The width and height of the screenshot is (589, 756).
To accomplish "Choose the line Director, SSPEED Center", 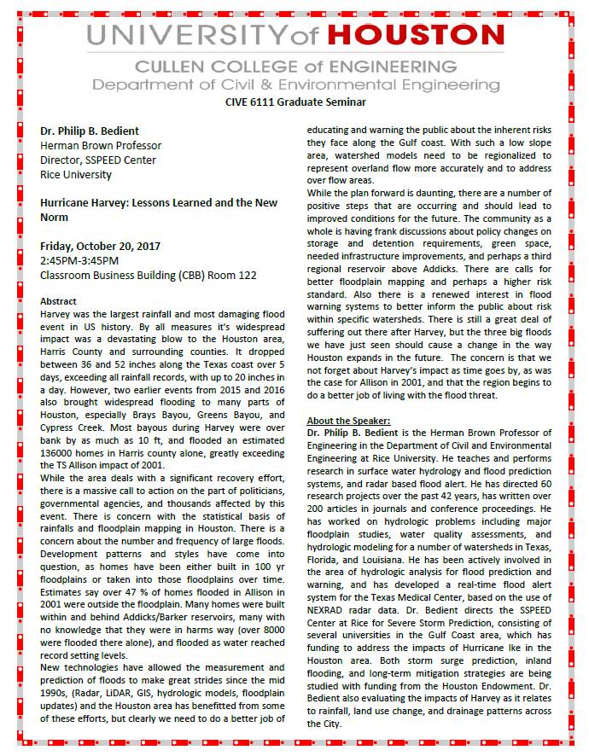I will pyautogui.click(x=97, y=160).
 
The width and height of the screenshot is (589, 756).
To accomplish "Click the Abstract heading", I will pyautogui.click(x=59, y=301).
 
